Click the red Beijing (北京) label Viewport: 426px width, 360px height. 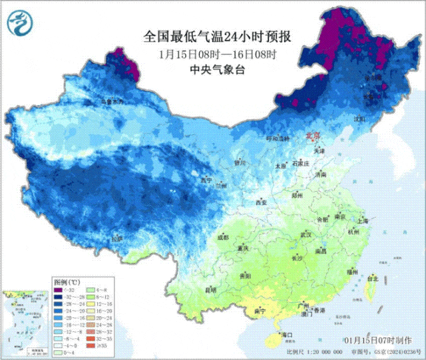click(x=312, y=135)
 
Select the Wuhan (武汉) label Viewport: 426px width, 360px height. click(x=306, y=235)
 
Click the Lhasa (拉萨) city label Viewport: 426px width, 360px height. click(x=118, y=238)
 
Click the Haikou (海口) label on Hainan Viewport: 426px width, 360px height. click(x=288, y=334)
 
